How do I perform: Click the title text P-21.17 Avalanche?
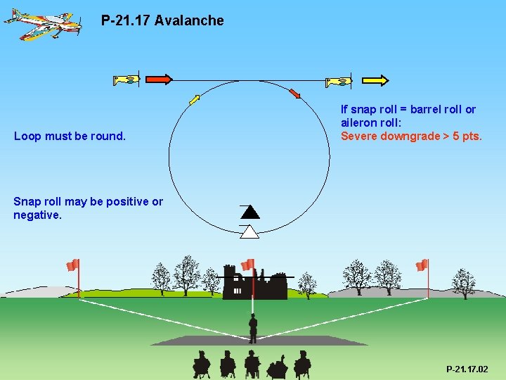tap(162, 20)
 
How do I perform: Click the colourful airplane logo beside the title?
tap(41, 23)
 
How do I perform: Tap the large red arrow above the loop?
tap(159, 80)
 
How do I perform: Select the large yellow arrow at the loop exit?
tap(375, 80)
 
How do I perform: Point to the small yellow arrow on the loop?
tap(194, 99)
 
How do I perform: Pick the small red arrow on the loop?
tap(294, 93)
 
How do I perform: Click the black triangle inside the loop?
tap(249, 211)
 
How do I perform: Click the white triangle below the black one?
tap(249, 232)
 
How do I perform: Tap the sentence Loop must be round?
tap(70, 136)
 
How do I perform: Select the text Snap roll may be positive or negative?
tap(88, 208)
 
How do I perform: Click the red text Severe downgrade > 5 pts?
tap(411, 136)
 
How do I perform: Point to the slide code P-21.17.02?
tap(467, 369)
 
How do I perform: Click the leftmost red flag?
tap(72, 265)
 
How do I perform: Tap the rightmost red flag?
tap(422, 265)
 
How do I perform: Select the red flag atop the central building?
tap(248, 265)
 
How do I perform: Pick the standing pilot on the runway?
tap(253, 328)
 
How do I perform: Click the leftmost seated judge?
tap(202, 364)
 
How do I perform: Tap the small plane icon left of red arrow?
tap(127, 80)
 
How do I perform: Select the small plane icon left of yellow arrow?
tap(339, 82)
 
